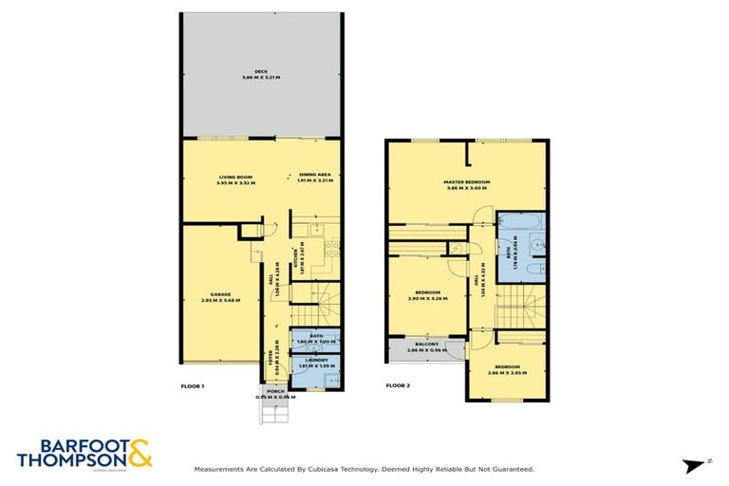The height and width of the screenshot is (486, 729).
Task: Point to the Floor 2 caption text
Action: (399, 386)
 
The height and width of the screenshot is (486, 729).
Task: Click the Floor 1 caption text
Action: (193, 386)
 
